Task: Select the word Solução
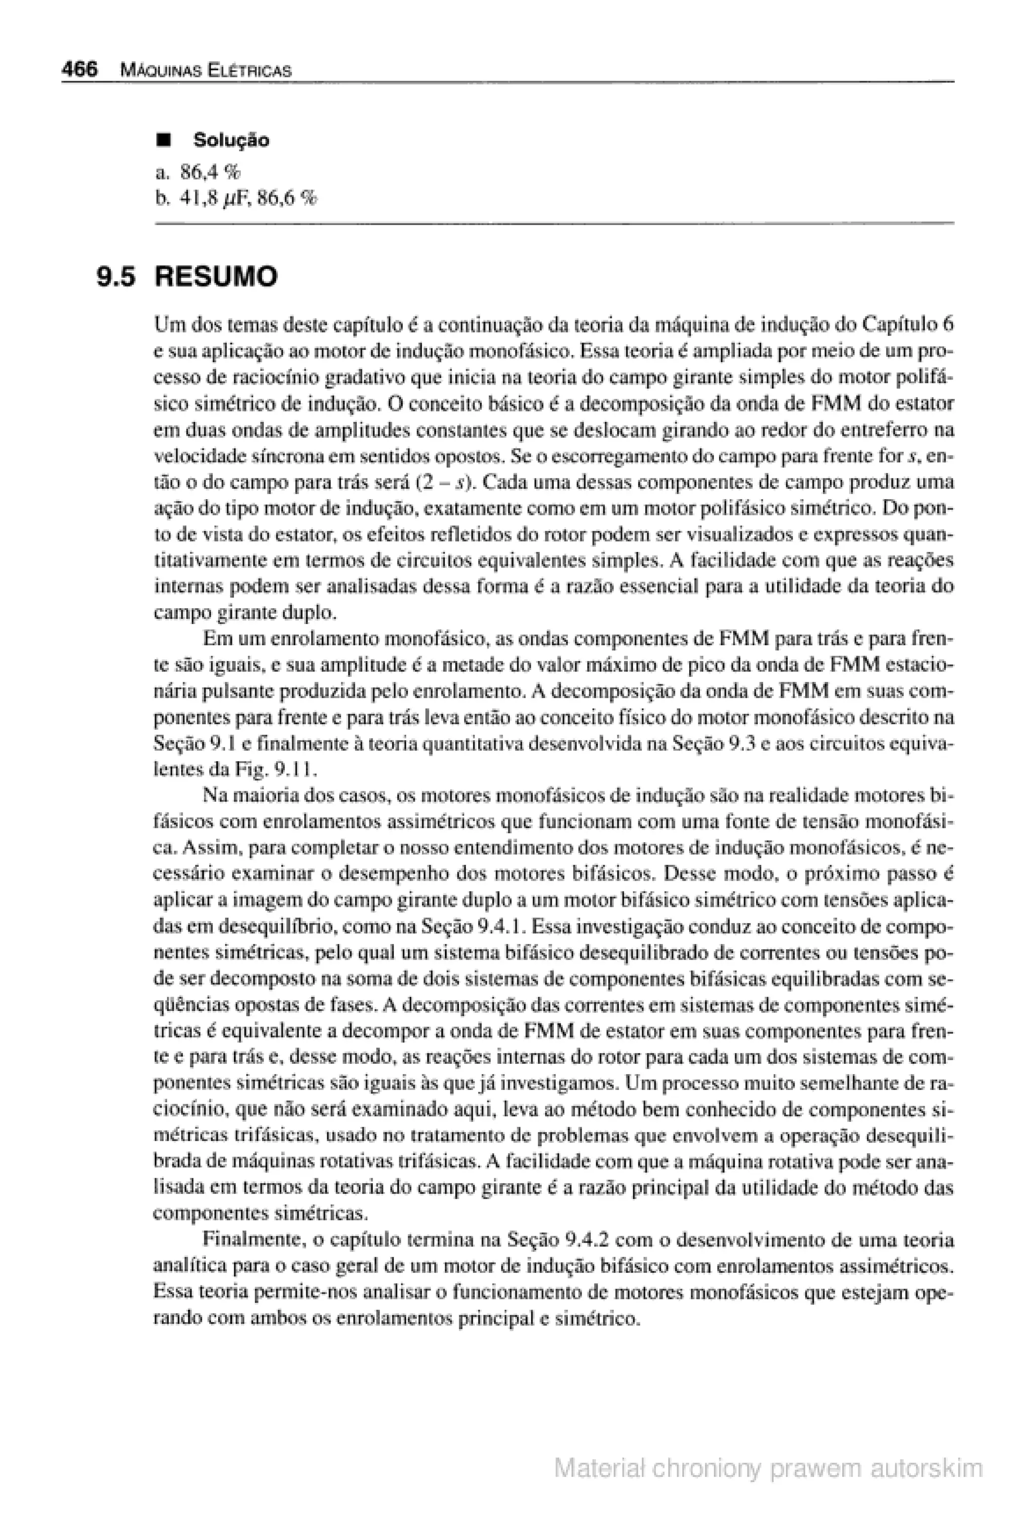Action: [232, 140]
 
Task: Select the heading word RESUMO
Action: [217, 277]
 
